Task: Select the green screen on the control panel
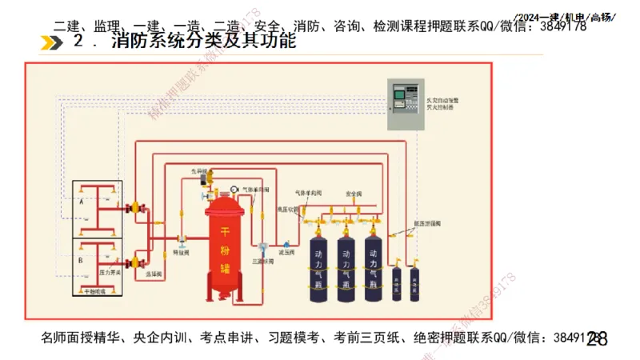tap(399, 100)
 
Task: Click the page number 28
tap(597, 340)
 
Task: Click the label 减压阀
tap(286, 253)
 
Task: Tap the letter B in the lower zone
tap(82, 260)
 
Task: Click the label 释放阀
tap(182, 252)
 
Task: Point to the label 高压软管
tap(287, 210)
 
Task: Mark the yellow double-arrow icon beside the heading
tap(51, 42)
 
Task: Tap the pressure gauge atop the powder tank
tap(234, 189)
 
